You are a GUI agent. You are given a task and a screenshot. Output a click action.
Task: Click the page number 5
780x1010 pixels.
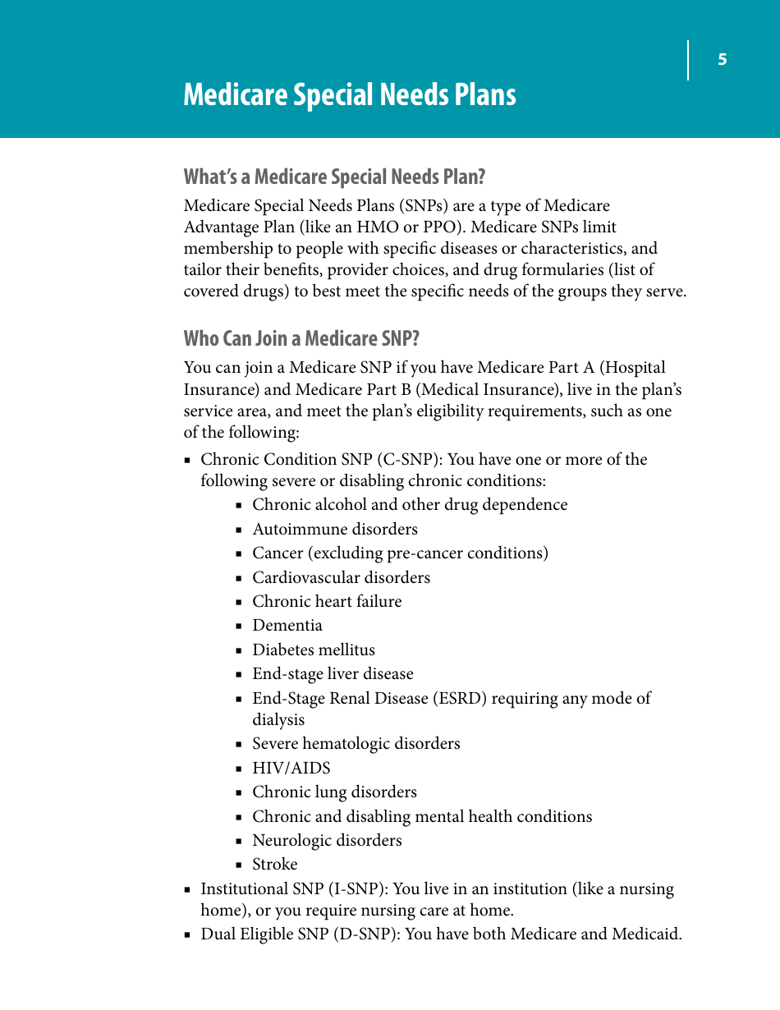[x=723, y=59]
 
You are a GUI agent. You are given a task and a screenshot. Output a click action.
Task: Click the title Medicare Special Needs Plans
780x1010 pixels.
[x=350, y=95]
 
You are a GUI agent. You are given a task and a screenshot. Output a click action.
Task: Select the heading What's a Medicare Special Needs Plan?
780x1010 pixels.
[x=335, y=177]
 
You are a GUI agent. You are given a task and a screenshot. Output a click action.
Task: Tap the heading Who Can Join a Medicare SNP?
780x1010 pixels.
[x=301, y=338]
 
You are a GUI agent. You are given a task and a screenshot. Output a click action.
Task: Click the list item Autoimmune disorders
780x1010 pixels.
[x=334, y=530]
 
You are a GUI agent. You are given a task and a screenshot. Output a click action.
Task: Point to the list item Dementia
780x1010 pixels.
[x=287, y=626]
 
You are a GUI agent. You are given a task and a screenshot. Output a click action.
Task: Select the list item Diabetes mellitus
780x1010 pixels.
[x=313, y=650]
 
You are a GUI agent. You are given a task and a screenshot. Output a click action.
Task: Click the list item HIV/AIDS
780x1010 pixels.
[x=291, y=769]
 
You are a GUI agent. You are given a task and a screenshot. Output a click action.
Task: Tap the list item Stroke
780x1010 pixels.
[x=274, y=865]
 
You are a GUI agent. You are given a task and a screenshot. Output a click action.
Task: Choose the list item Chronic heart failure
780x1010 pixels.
[x=327, y=602]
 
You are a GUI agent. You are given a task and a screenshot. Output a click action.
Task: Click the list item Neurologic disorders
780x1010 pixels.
[x=327, y=841]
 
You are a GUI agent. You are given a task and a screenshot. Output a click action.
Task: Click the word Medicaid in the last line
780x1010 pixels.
[x=646, y=934]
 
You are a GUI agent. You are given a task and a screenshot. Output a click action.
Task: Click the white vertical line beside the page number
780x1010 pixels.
[x=688, y=60]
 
